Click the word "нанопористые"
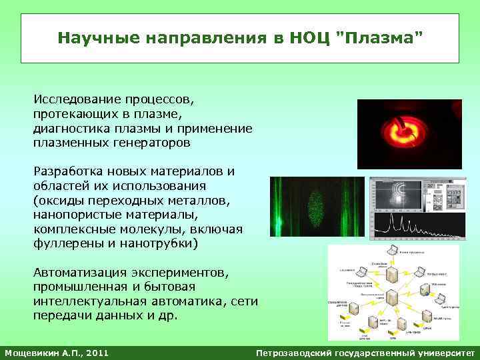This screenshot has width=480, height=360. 75,215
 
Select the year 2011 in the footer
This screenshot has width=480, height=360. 95,352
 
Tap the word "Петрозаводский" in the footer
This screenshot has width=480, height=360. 295,352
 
